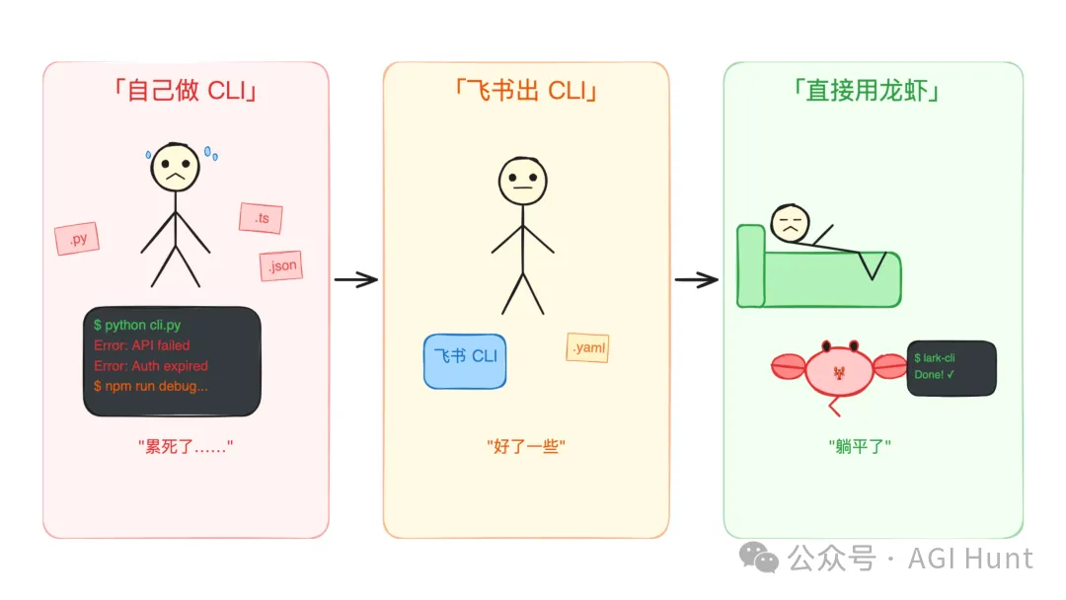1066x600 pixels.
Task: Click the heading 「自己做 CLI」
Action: point(186,91)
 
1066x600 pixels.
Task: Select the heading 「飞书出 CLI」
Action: point(526,91)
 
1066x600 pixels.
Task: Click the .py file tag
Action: point(77,239)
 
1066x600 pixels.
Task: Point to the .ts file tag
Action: point(261,218)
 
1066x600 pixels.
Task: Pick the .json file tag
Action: point(280,265)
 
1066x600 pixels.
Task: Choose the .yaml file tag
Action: point(587,347)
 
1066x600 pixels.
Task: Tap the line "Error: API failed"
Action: point(141,345)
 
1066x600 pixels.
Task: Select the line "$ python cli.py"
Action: point(137,325)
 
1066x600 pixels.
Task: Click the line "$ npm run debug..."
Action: point(150,386)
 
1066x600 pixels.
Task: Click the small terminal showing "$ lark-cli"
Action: point(952,367)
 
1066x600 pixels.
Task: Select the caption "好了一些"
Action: point(526,447)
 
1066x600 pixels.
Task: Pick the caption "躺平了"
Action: point(860,447)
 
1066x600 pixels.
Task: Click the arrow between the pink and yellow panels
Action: point(355,280)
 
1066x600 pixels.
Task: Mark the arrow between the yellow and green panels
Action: point(696,280)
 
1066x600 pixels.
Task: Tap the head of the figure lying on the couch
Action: point(790,223)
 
